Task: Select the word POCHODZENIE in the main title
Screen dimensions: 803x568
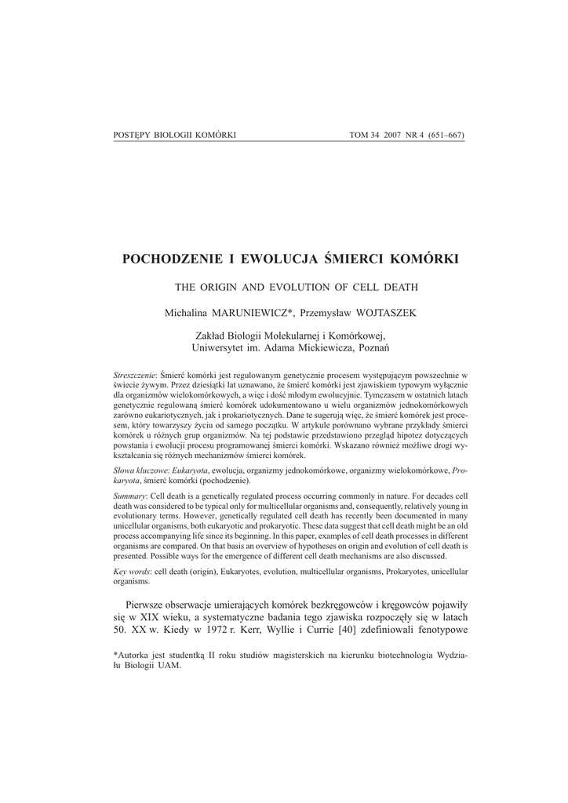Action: coord(169,258)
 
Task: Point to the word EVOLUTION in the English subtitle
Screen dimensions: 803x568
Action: coord(289,287)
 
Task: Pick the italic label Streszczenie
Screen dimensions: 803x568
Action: coord(135,376)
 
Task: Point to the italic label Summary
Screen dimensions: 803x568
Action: coord(129,498)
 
